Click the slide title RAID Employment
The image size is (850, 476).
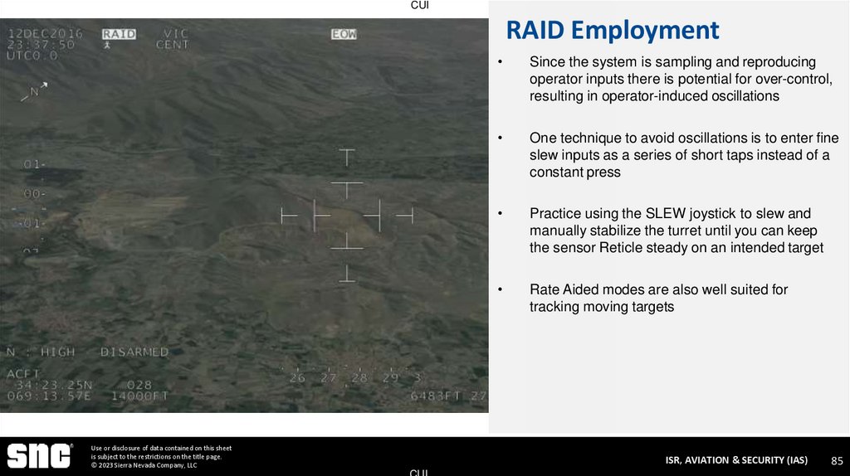[x=612, y=31]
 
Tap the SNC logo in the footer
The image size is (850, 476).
[x=39, y=456]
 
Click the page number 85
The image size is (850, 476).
[x=837, y=460]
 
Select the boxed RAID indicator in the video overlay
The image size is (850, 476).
[x=119, y=34]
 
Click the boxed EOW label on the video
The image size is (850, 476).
[x=344, y=34]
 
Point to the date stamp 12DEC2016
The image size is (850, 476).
[x=45, y=34]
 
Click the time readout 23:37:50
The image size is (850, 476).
[x=41, y=45]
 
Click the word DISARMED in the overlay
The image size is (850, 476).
[x=134, y=352]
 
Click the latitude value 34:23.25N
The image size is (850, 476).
[x=51, y=386]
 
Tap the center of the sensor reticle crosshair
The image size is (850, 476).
[x=347, y=216]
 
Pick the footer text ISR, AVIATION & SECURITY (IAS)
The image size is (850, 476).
[x=736, y=460]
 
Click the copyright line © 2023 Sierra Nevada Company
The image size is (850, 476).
[x=144, y=465]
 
